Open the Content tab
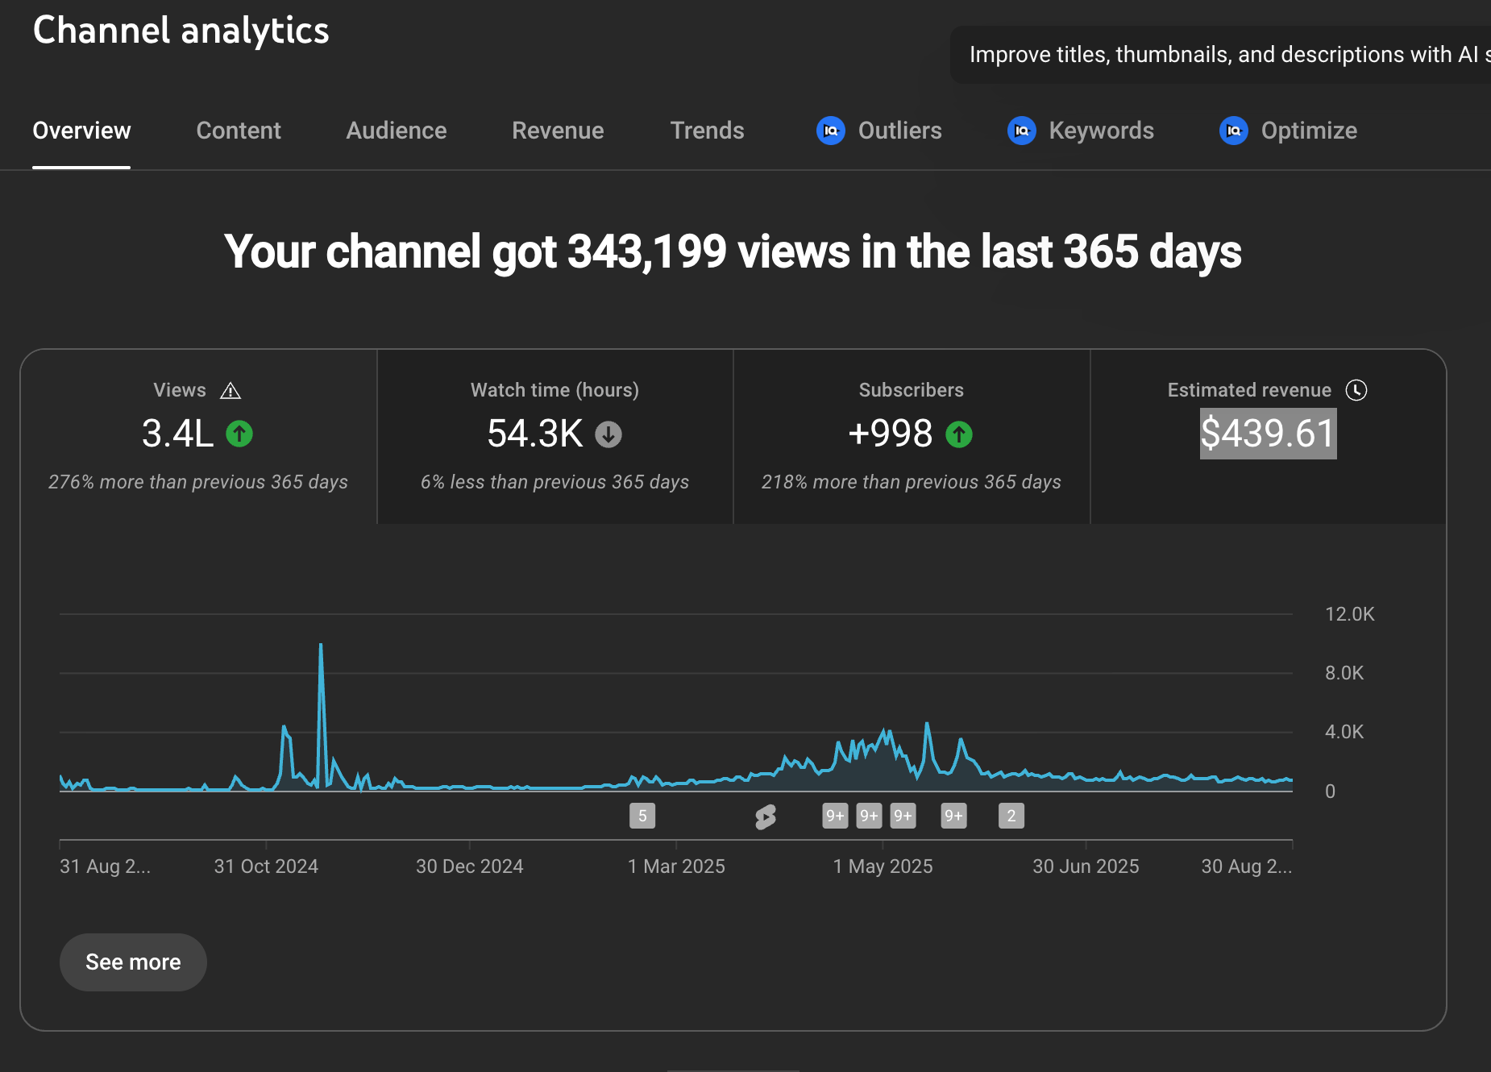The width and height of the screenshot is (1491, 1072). [239, 131]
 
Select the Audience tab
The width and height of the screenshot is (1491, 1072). [396, 131]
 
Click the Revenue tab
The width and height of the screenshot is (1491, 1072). [558, 131]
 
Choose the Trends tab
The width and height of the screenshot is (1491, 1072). [707, 131]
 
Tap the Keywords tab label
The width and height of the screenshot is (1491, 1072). [1101, 131]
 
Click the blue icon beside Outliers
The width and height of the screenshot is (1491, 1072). [831, 131]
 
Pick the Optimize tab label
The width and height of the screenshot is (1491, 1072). [1309, 131]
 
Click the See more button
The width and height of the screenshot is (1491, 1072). [133, 962]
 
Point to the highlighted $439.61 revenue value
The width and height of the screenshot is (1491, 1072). [1268, 434]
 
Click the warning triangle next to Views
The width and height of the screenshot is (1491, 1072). [231, 391]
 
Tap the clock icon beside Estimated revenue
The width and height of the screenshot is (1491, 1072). [1356, 390]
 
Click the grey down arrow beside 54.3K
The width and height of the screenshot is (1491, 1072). [608, 434]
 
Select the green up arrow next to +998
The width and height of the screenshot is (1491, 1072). [959, 434]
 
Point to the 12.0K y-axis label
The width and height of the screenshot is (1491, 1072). [1349, 614]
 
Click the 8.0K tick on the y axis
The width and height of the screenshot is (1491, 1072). [1344, 673]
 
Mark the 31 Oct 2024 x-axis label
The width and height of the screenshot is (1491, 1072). [266, 866]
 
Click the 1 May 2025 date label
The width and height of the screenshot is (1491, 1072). [883, 866]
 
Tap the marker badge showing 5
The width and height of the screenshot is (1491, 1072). [642, 816]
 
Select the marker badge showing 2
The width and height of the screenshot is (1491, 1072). [1011, 816]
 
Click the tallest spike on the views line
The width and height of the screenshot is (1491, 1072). [321, 646]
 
